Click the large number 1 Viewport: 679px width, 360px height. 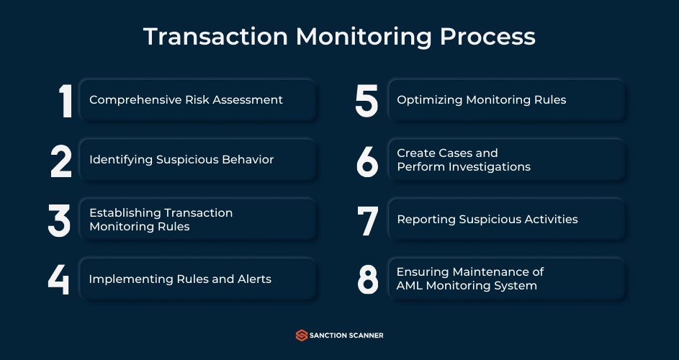66,101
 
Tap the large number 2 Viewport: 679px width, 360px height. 61,161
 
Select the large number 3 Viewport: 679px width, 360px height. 59,221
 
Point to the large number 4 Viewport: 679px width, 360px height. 58,279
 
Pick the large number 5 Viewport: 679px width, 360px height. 367,101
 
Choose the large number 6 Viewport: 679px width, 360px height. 367,161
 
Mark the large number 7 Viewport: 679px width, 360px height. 368,221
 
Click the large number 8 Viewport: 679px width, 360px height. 368,280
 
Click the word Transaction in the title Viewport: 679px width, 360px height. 215,37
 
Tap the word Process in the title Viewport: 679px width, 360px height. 487,37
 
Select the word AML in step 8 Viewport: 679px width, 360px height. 407,286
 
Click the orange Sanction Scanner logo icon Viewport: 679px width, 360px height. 302,336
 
